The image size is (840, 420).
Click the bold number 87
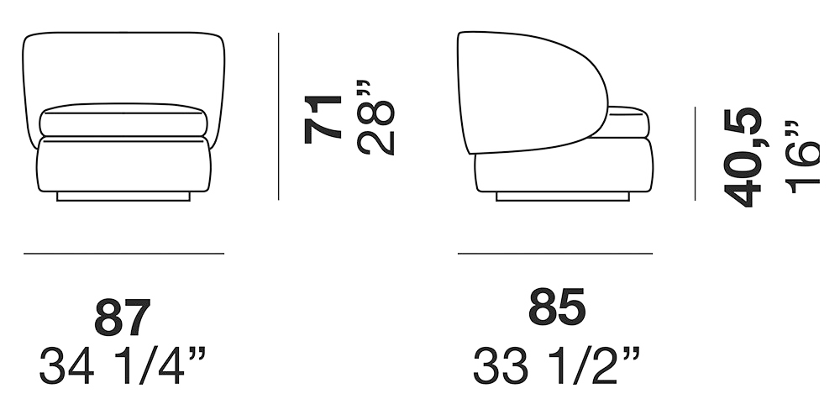tap(123, 318)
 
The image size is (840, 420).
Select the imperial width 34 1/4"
tap(123, 367)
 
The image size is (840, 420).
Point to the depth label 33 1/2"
tap(556, 367)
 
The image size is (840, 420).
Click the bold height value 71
tap(323, 118)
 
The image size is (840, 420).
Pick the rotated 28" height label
tap(375, 117)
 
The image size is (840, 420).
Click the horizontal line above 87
tap(123, 253)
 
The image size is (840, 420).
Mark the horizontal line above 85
tap(554, 253)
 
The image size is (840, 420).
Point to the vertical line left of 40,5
tap(695, 153)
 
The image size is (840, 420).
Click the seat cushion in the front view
tap(123, 121)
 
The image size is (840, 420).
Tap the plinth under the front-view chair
tap(123, 196)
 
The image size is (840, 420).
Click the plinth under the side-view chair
tap(563, 197)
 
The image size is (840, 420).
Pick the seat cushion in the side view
tap(628, 122)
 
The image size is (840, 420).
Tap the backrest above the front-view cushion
tap(123, 67)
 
